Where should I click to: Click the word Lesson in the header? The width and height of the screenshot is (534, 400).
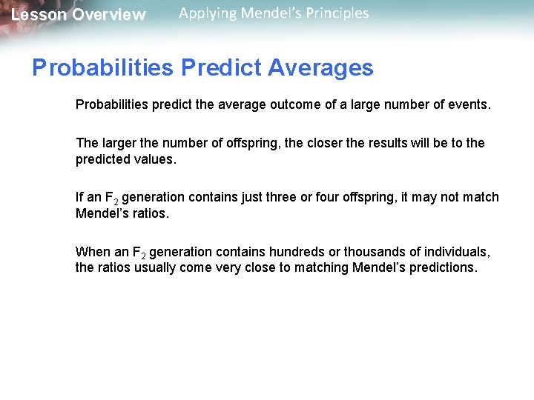pyautogui.click(x=38, y=15)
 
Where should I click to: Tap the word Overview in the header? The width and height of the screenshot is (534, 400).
pyautogui.click(x=109, y=15)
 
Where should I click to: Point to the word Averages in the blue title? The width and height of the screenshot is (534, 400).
pyautogui.click(x=320, y=68)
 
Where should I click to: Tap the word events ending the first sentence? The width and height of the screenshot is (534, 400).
pyautogui.click(x=469, y=105)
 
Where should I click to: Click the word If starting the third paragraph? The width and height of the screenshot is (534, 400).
pyautogui.click(x=79, y=197)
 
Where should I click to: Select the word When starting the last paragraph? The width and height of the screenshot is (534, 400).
pyautogui.click(x=91, y=252)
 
